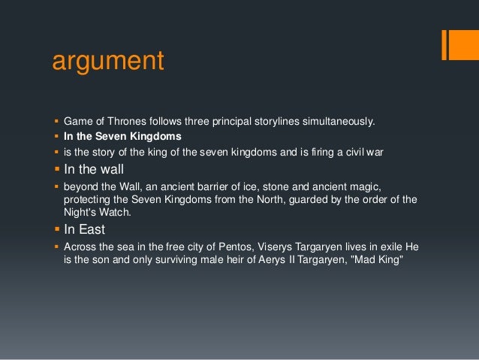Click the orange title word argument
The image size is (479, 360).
107,61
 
